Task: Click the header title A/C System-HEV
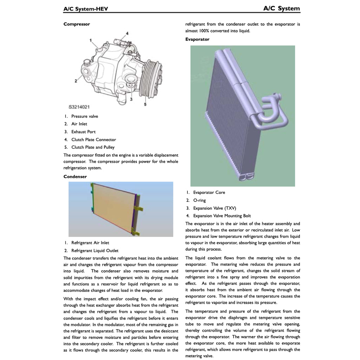(x=85, y=9)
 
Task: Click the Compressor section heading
(x=77, y=24)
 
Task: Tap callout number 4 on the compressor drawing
(x=127, y=33)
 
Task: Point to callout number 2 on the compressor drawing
(x=76, y=81)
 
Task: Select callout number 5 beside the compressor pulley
(x=145, y=104)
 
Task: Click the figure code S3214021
(x=79, y=107)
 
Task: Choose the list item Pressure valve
(x=84, y=116)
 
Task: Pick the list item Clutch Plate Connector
(x=94, y=140)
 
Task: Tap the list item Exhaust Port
(x=83, y=132)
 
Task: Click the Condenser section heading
(x=75, y=176)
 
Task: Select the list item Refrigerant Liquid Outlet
(x=95, y=251)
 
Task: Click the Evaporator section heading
(x=197, y=39)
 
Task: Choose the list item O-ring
(x=199, y=200)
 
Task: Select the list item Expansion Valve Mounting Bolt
(x=222, y=216)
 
